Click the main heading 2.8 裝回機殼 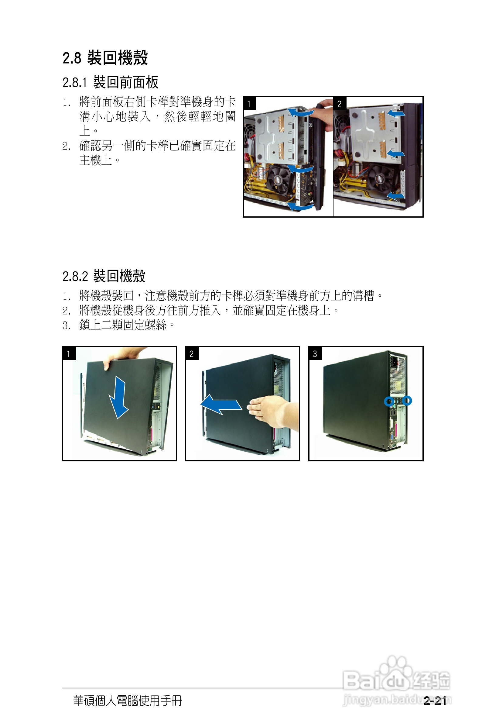tap(105, 57)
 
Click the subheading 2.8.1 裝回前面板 tap(110, 82)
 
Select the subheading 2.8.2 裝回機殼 tap(104, 276)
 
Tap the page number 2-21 tap(435, 701)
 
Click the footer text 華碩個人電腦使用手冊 tap(127, 701)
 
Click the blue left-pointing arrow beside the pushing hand tap(221, 404)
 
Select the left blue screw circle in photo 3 tap(389, 401)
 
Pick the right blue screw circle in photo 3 tap(407, 400)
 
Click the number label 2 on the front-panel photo tap(339, 104)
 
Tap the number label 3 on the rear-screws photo tap(315, 354)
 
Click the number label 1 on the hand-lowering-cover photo tap(69, 354)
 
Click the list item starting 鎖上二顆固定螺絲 tap(123, 325)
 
